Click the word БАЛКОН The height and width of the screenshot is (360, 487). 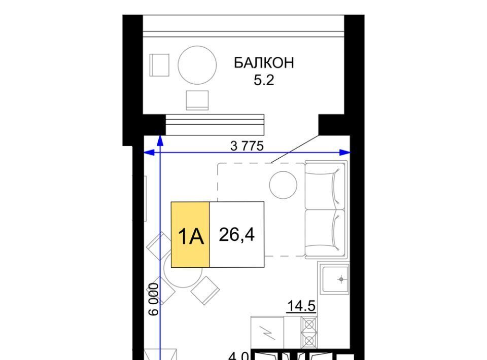click(x=264, y=63)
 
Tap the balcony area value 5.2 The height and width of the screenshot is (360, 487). click(x=264, y=81)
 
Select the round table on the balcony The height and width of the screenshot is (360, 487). click(x=197, y=65)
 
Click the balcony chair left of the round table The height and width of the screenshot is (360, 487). click(x=159, y=65)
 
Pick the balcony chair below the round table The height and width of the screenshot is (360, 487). click(x=197, y=100)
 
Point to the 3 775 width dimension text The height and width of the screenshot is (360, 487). click(x=247, y=146)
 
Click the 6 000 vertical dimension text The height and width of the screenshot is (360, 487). click(x=154, y=299)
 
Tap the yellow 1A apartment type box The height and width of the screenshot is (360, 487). click(x=190, y=234)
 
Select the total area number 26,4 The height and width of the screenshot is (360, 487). click(x=237, y=235)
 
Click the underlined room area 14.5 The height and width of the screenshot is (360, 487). click(x=301, y=306)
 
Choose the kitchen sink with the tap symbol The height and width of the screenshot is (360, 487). click(x=335, y=279)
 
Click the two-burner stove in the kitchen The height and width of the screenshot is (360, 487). click(x=309, y=333)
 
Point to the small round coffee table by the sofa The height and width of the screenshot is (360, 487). click(x=283, y=185)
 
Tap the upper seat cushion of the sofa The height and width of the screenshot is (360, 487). click(x=325, y=185)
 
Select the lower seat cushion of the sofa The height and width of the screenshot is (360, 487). click(x=325, y=234)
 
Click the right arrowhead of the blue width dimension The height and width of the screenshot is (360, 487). click(x=345, y=152)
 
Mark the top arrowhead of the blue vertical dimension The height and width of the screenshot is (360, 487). click(x=160, y=140)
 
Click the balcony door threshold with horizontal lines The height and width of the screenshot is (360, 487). click(x=215, y=124)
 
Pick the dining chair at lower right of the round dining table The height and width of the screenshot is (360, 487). click(x=205, y=290)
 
